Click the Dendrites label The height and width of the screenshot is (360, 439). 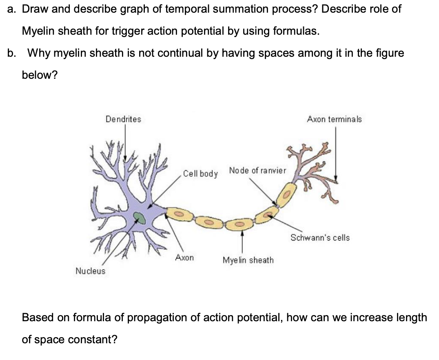pyautogui.click(x=123, y=119)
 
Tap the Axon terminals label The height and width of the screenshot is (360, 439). pyautogui.click(x=334, y=119)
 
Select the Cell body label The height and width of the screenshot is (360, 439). pyautogui.click(x=200, y=173)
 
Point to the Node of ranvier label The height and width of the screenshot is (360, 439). pyautogui.click(x=257, y=170)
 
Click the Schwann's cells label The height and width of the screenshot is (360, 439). pyautogui.click(x=320, y=238)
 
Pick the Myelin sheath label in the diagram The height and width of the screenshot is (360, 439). pyautogui.click(x=248, y=260)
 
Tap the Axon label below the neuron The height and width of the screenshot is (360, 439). pyautogui.click(x=184, y=258)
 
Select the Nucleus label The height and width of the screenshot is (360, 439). pyautogui.click(x=90, y=271)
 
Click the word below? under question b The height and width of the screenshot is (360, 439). pyautogui.click(x=40, y=75)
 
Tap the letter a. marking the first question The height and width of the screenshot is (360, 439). pyautogui.click(x=12, y=9)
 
